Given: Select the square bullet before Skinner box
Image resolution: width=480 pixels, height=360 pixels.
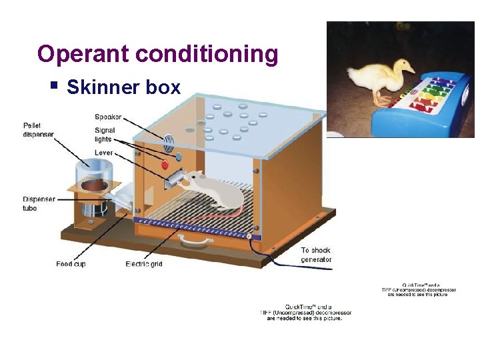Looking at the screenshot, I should click(x=54, y=85).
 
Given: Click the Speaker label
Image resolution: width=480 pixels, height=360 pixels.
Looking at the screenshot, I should click(x=108, y=117).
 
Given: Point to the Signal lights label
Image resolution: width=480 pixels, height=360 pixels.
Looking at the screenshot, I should click(x=105, y=135).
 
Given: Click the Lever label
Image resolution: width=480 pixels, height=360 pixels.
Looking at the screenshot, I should click(x=103, y=153).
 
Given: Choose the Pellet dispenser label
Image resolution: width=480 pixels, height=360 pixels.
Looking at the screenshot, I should click(x=38, y=129).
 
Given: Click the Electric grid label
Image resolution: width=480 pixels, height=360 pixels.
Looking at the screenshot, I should click(x=144, y=264).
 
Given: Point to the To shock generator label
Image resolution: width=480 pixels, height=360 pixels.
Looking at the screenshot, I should click(x=315, y=255).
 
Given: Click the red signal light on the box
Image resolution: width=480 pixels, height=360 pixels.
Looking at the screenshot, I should click(x=164, y=164).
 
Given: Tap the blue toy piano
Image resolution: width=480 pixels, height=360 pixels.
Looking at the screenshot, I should click(x=421, y=110).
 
